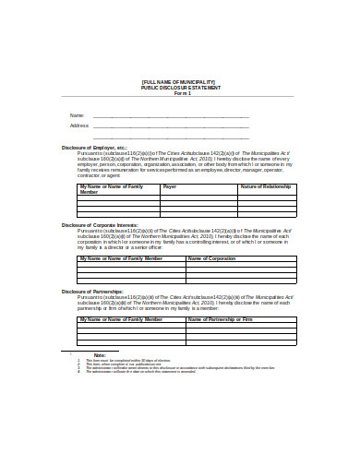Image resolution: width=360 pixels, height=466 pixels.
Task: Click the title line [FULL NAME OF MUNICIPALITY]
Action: [x=180, y=83]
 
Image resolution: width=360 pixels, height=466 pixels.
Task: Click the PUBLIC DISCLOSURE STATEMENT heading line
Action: [x=180, y=89]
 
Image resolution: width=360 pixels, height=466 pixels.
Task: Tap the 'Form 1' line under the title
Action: [x=180, y=94]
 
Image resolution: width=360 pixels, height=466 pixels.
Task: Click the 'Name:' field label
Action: [x=77, y=115]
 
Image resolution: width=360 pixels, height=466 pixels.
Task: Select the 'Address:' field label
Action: [x=79, y=125]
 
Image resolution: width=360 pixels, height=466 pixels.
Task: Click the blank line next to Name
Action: [x=171, y=117]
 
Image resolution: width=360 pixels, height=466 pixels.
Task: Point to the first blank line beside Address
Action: [x=171, y=127]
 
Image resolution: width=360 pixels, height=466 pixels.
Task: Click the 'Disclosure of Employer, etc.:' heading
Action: [x=95, y=148]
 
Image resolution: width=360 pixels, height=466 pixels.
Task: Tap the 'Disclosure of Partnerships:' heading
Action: [x=92, y=291]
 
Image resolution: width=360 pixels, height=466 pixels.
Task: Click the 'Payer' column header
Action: [x=170, y=186]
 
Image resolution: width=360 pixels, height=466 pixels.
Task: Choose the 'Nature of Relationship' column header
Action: [x=266, y=186]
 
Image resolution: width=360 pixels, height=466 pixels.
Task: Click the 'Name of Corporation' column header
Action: [x=212, y=258]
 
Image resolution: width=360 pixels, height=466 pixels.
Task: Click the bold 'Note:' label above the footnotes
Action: [x=100, y=354]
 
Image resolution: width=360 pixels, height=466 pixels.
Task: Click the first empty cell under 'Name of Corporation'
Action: [x=241, y=265]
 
